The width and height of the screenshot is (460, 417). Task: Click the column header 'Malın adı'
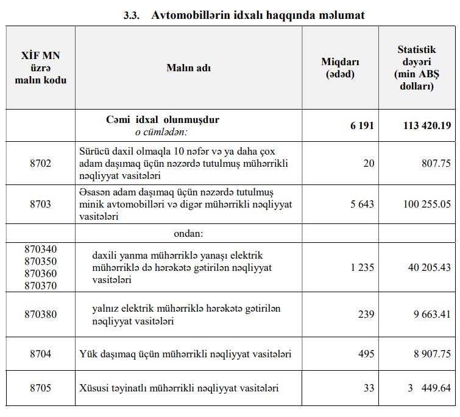[189, 68]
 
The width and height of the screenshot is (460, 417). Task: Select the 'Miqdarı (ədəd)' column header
[341, 68]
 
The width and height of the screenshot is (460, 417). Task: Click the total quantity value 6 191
[362, 126]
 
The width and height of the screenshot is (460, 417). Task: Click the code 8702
[40, 163]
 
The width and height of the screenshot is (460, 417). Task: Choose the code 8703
[40, 205]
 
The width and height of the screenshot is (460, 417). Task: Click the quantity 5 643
[362, 205]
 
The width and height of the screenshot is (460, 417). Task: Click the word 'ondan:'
[188, 233]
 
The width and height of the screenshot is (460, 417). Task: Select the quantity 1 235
[362, 267]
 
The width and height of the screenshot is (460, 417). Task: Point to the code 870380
[40, 315]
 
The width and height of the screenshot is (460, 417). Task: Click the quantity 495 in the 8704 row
[366, 354]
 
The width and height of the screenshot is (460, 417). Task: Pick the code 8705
[40, 388]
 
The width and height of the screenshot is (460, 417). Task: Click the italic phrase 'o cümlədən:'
[161, 131]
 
